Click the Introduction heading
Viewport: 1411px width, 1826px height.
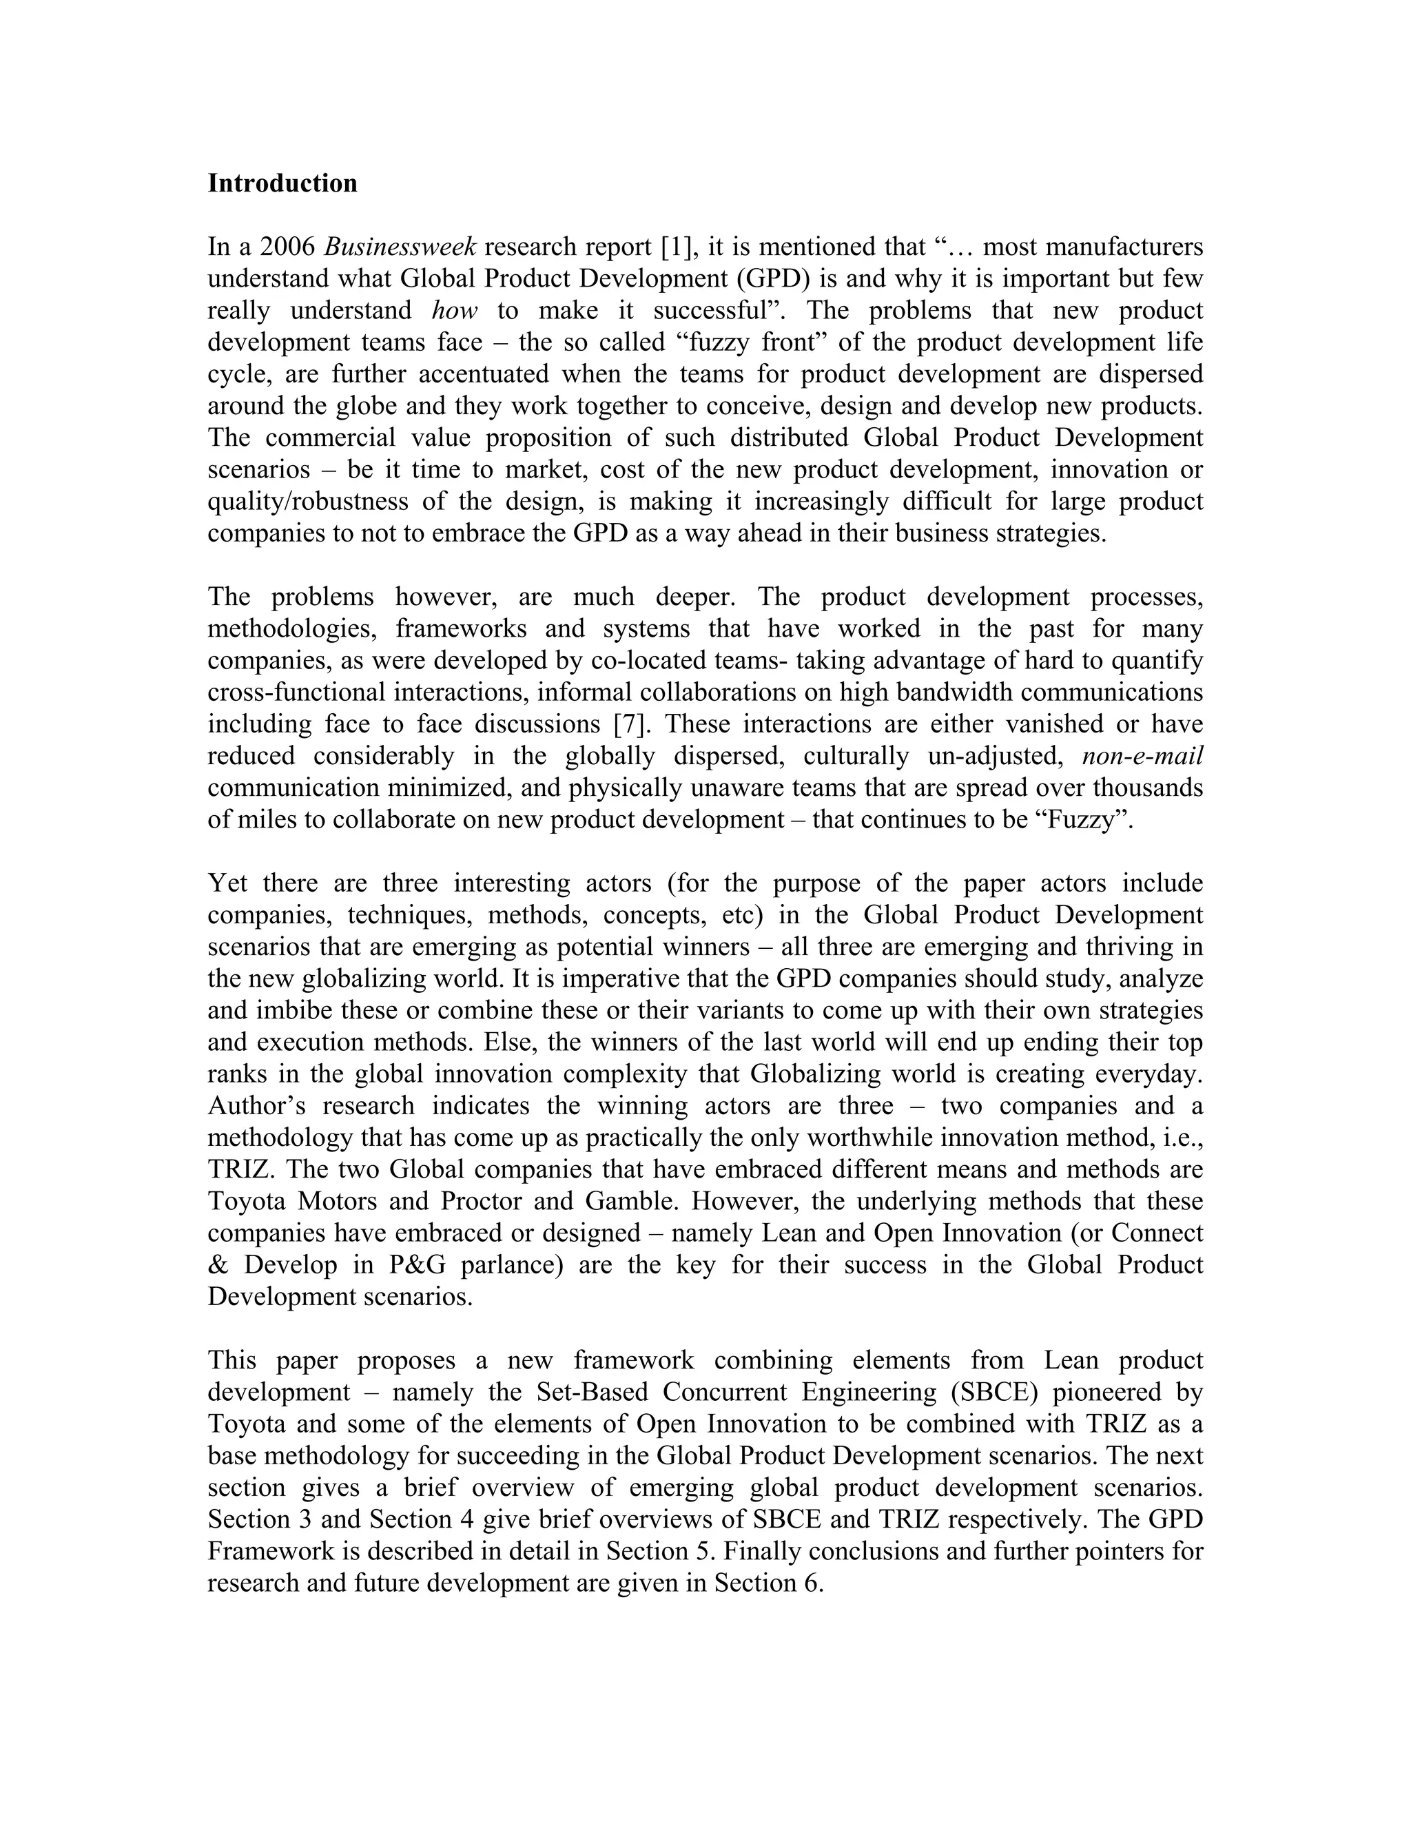click(282, 183)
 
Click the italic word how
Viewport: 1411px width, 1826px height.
click(454, 310)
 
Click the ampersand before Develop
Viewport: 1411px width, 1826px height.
click(216, 1265)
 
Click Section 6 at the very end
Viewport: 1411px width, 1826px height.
click(768, 1583)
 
